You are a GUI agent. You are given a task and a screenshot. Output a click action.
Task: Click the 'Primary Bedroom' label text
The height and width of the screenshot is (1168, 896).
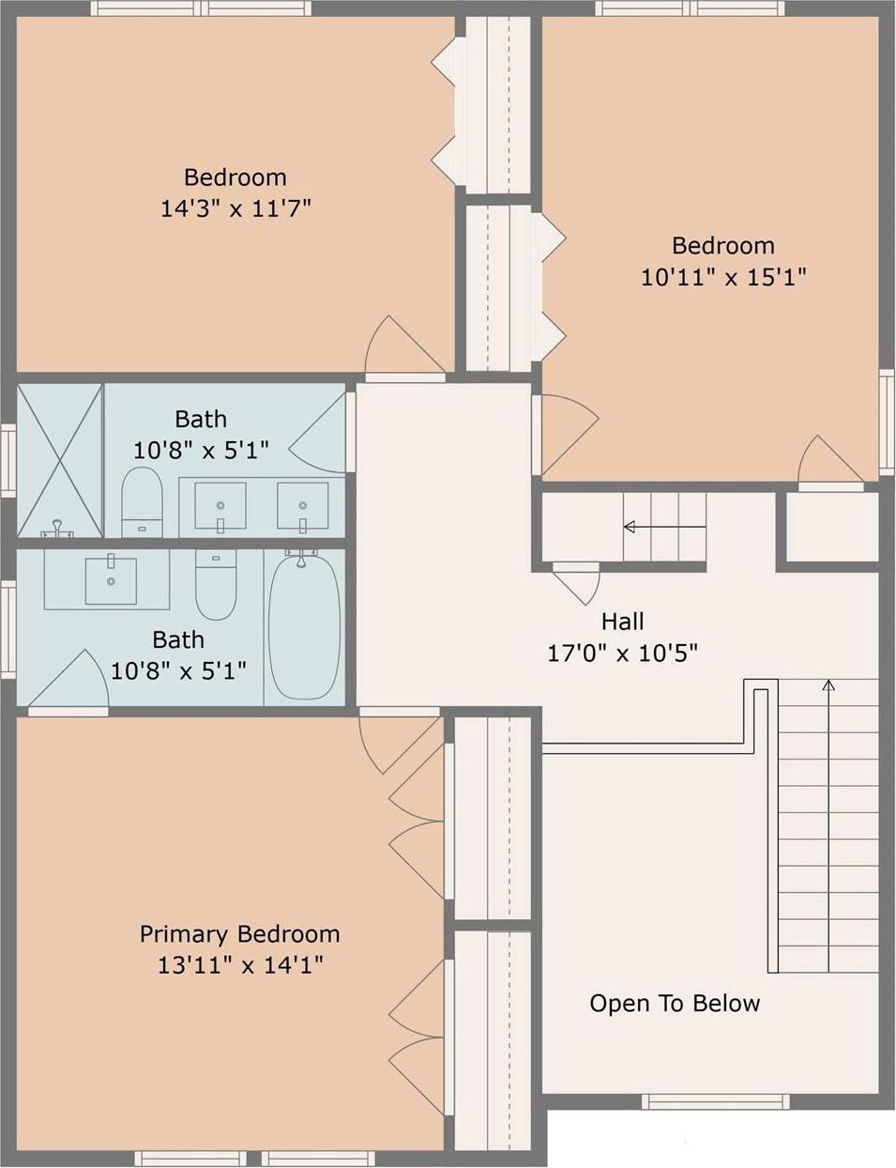click(239, 934)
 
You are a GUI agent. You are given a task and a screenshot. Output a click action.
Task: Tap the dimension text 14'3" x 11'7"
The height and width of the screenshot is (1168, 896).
click(235, 208)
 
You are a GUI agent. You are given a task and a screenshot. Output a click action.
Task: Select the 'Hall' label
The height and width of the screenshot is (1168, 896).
click(622, 622)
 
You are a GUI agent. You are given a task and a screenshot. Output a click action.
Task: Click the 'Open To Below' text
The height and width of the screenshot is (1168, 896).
click(675, 1004)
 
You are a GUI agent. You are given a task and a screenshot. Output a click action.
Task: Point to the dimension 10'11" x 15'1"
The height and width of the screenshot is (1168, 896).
click(723, 277)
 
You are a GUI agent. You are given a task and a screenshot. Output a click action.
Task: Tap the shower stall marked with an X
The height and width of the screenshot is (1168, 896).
click(60, 460)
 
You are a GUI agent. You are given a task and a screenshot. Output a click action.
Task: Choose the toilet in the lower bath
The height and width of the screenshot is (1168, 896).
click(216, 584)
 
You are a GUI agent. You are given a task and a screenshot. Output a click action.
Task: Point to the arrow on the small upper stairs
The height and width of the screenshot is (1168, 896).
click(630, 527)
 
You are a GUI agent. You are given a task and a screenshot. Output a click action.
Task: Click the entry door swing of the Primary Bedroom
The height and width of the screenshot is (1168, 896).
click(394, 742)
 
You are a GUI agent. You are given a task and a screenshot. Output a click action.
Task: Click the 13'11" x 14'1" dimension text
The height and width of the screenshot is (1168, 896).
click(240, 965)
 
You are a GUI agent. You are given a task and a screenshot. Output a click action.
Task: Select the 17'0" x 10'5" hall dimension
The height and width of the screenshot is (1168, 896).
click(622, 653)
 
